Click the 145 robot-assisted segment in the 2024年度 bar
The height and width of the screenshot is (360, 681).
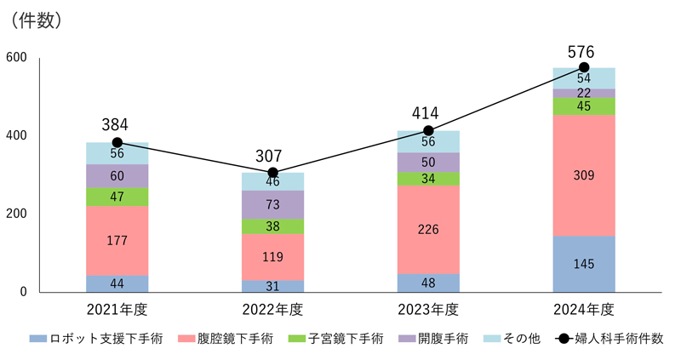(584, 264)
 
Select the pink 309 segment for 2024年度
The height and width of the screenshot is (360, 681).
(584, 175)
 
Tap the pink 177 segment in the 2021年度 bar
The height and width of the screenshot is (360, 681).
(117, 241)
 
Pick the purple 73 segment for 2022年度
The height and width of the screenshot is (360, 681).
(273, 205)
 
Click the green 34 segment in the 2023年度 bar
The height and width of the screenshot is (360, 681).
(428, 179)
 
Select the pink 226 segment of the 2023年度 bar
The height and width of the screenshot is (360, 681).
(428, 229)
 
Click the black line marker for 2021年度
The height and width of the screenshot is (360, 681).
(117, 143)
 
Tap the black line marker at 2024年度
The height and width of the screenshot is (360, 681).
(584, 67)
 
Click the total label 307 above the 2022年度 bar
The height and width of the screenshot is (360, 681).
(272, 157)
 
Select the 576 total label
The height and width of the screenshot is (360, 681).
(584, 50)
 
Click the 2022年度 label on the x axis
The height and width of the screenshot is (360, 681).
(272, 309)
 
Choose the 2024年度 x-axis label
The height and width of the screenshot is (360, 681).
(584, 309)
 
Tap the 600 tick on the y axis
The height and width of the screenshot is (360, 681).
(18, 58)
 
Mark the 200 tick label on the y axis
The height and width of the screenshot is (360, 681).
(18, 214)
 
